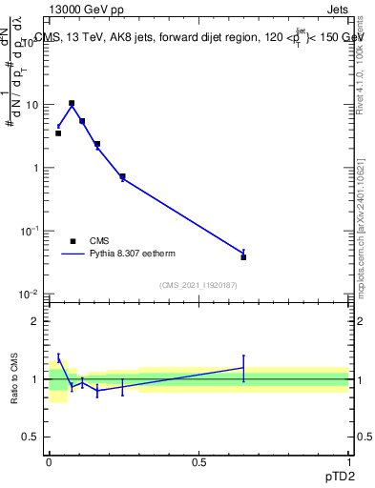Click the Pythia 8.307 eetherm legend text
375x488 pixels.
click(x=133, y=254)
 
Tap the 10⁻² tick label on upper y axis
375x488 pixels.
click(x=31, y=295)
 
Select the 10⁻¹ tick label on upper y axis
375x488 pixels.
click(x=31, y=232)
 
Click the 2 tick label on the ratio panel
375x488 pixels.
click(x=38, y=321)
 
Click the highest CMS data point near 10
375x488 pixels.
click(x=72, y=103)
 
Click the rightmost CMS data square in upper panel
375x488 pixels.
click(x=243, y=257)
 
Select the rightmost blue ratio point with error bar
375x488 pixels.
click(x=243, y=368)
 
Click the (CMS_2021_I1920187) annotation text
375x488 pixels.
click(x=198, y=285)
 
